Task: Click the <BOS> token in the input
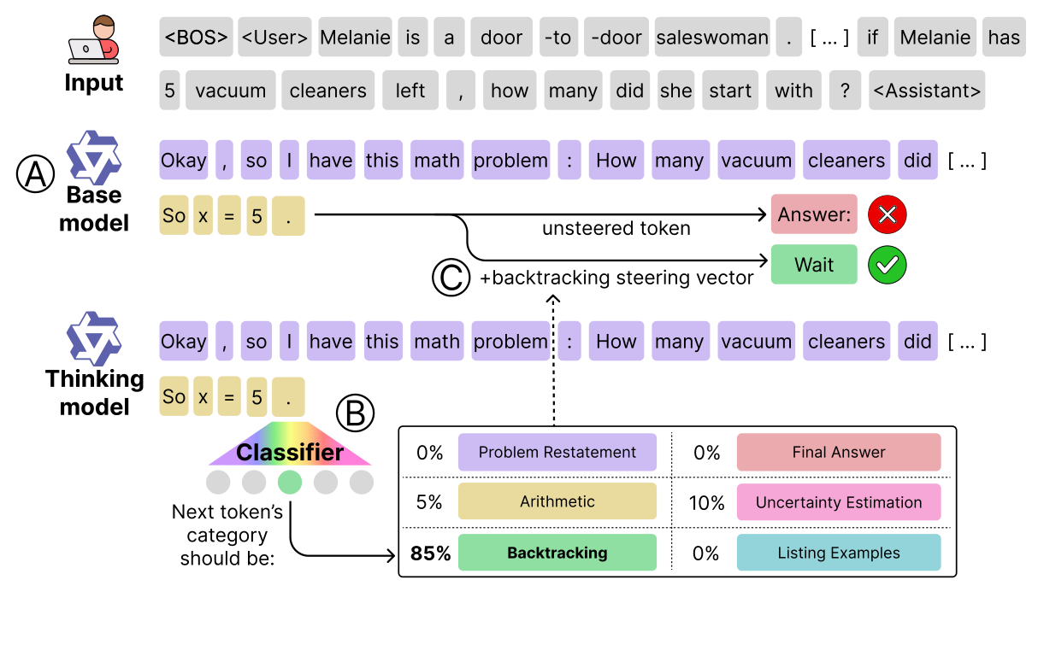pos(197,38)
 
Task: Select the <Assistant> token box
pos(926,91)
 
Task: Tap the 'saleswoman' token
pos(711,38)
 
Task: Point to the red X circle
pos(888,214)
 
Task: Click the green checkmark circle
pos(888,265)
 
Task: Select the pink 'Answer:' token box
pos(813,214)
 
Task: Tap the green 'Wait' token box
pos(813,265)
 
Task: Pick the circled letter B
pos(355,414)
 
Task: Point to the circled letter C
pos(451,278)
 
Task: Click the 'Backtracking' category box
pos(557,553)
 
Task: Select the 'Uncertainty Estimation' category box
pos(838,502)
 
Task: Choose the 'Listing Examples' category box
pos(838,553)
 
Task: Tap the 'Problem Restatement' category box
pos(557,453)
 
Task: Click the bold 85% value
pos(430,553)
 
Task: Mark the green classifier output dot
pos(290,482)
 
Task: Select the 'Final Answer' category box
pos(838,453)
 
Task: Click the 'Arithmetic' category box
pos(557,502)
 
